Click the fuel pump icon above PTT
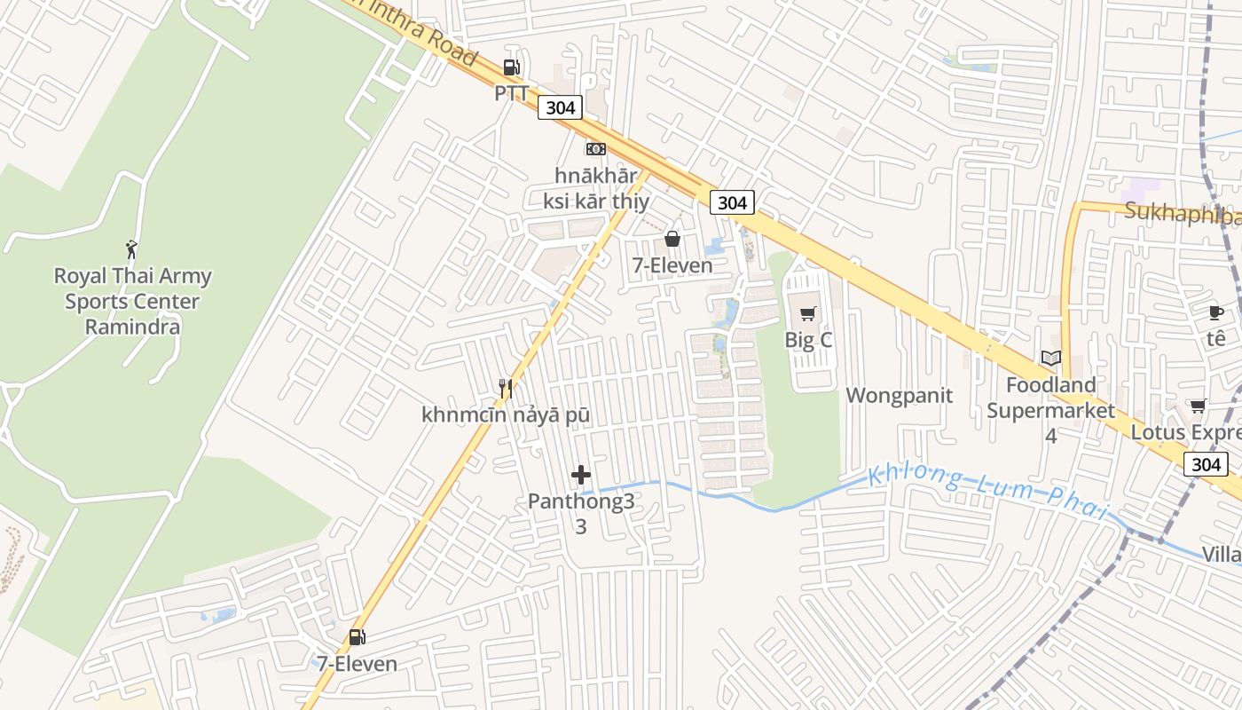click(x=511, y=67)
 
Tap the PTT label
click(x=511, y=92)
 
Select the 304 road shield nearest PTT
click(x=560, y=108)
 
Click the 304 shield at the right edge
click(x=1206, y=464)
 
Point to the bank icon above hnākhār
click(x=596, y=149)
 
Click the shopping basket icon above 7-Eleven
click(x=672, y=239)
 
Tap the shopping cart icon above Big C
click(x=807, y=314)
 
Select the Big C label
click(x=807, y=340)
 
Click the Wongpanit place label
click(x=899, y=396)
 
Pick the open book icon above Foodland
click(x=1051, y=358)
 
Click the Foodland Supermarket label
click(x=1050, y=398)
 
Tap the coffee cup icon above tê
click(x=1216, y=312)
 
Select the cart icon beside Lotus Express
click(x=1198, y=406)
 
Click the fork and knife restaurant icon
click(x=506, y=388)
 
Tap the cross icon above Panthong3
click(x=581, y=476)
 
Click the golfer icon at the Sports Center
click(x=132, y=249)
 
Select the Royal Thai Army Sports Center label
click(x=133, y=301)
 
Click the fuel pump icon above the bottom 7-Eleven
click(x=357, y=636)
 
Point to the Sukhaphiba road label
click(x=1182, y=213)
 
